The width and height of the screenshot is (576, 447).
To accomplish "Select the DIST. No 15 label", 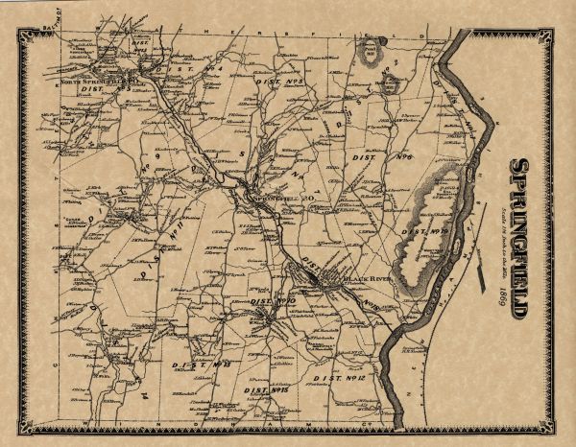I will [x=266, y=390].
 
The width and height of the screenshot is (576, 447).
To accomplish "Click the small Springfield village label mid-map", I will [x=270, y=200].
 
